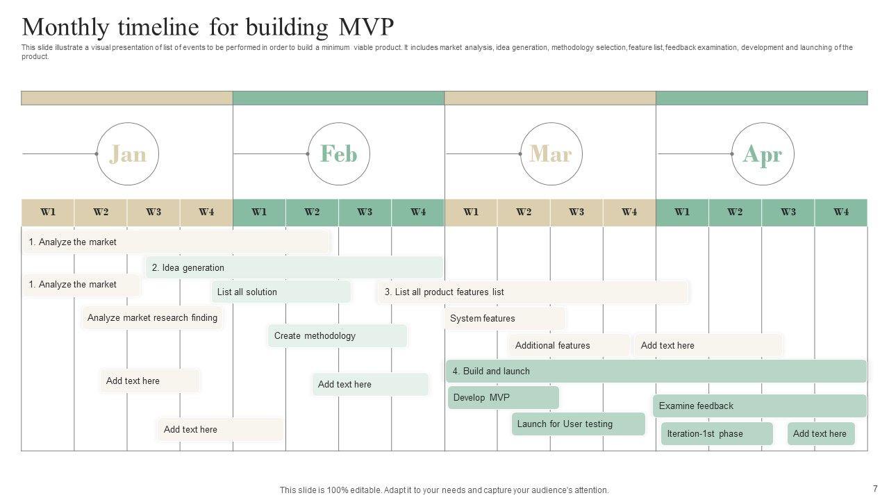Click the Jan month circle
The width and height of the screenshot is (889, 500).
click(x=128, y=154)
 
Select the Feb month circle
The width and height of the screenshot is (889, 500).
click(x=339, y=154)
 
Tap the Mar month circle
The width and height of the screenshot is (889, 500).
click(x=551, y=154)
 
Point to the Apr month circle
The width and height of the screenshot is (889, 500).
click(x=763, y=154)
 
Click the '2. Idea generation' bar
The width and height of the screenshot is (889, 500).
click(x=294, y=267)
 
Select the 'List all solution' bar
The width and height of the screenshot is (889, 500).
click(x=281, y=292)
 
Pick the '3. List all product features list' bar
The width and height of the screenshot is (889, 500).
click(x=533, y=292)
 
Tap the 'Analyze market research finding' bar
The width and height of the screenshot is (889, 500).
click(x=152, y=318)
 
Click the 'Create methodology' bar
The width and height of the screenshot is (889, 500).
click(x=338, y=336)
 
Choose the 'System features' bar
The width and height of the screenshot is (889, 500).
click(x=505, y=319)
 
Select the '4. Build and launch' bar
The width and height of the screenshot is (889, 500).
click(x=656, y=371)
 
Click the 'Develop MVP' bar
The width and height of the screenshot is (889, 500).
click(x=503, y=398)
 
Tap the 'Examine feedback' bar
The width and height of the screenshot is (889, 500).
click(x=760, y=406)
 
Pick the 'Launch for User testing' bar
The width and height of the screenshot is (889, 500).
click(x=578, y=424)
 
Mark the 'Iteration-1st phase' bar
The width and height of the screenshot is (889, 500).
click(x=717, y=433)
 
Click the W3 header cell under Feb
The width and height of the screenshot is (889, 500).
click(x=365, y=212)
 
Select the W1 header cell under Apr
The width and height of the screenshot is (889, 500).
click(x=682, y=212)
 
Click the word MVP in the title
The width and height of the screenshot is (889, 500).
click(x=366, y=27)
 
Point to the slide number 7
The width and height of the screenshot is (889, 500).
click(x=875, y=489)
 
